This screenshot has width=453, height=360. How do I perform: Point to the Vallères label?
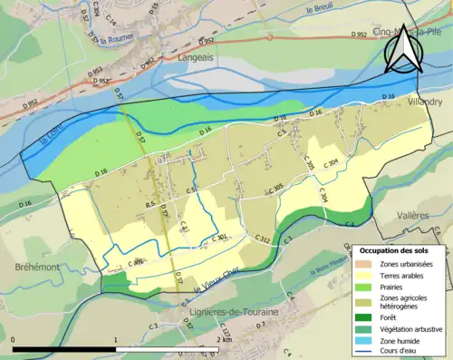click(x=415, y=216)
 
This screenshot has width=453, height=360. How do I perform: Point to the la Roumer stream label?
click(x=117, y=40)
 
